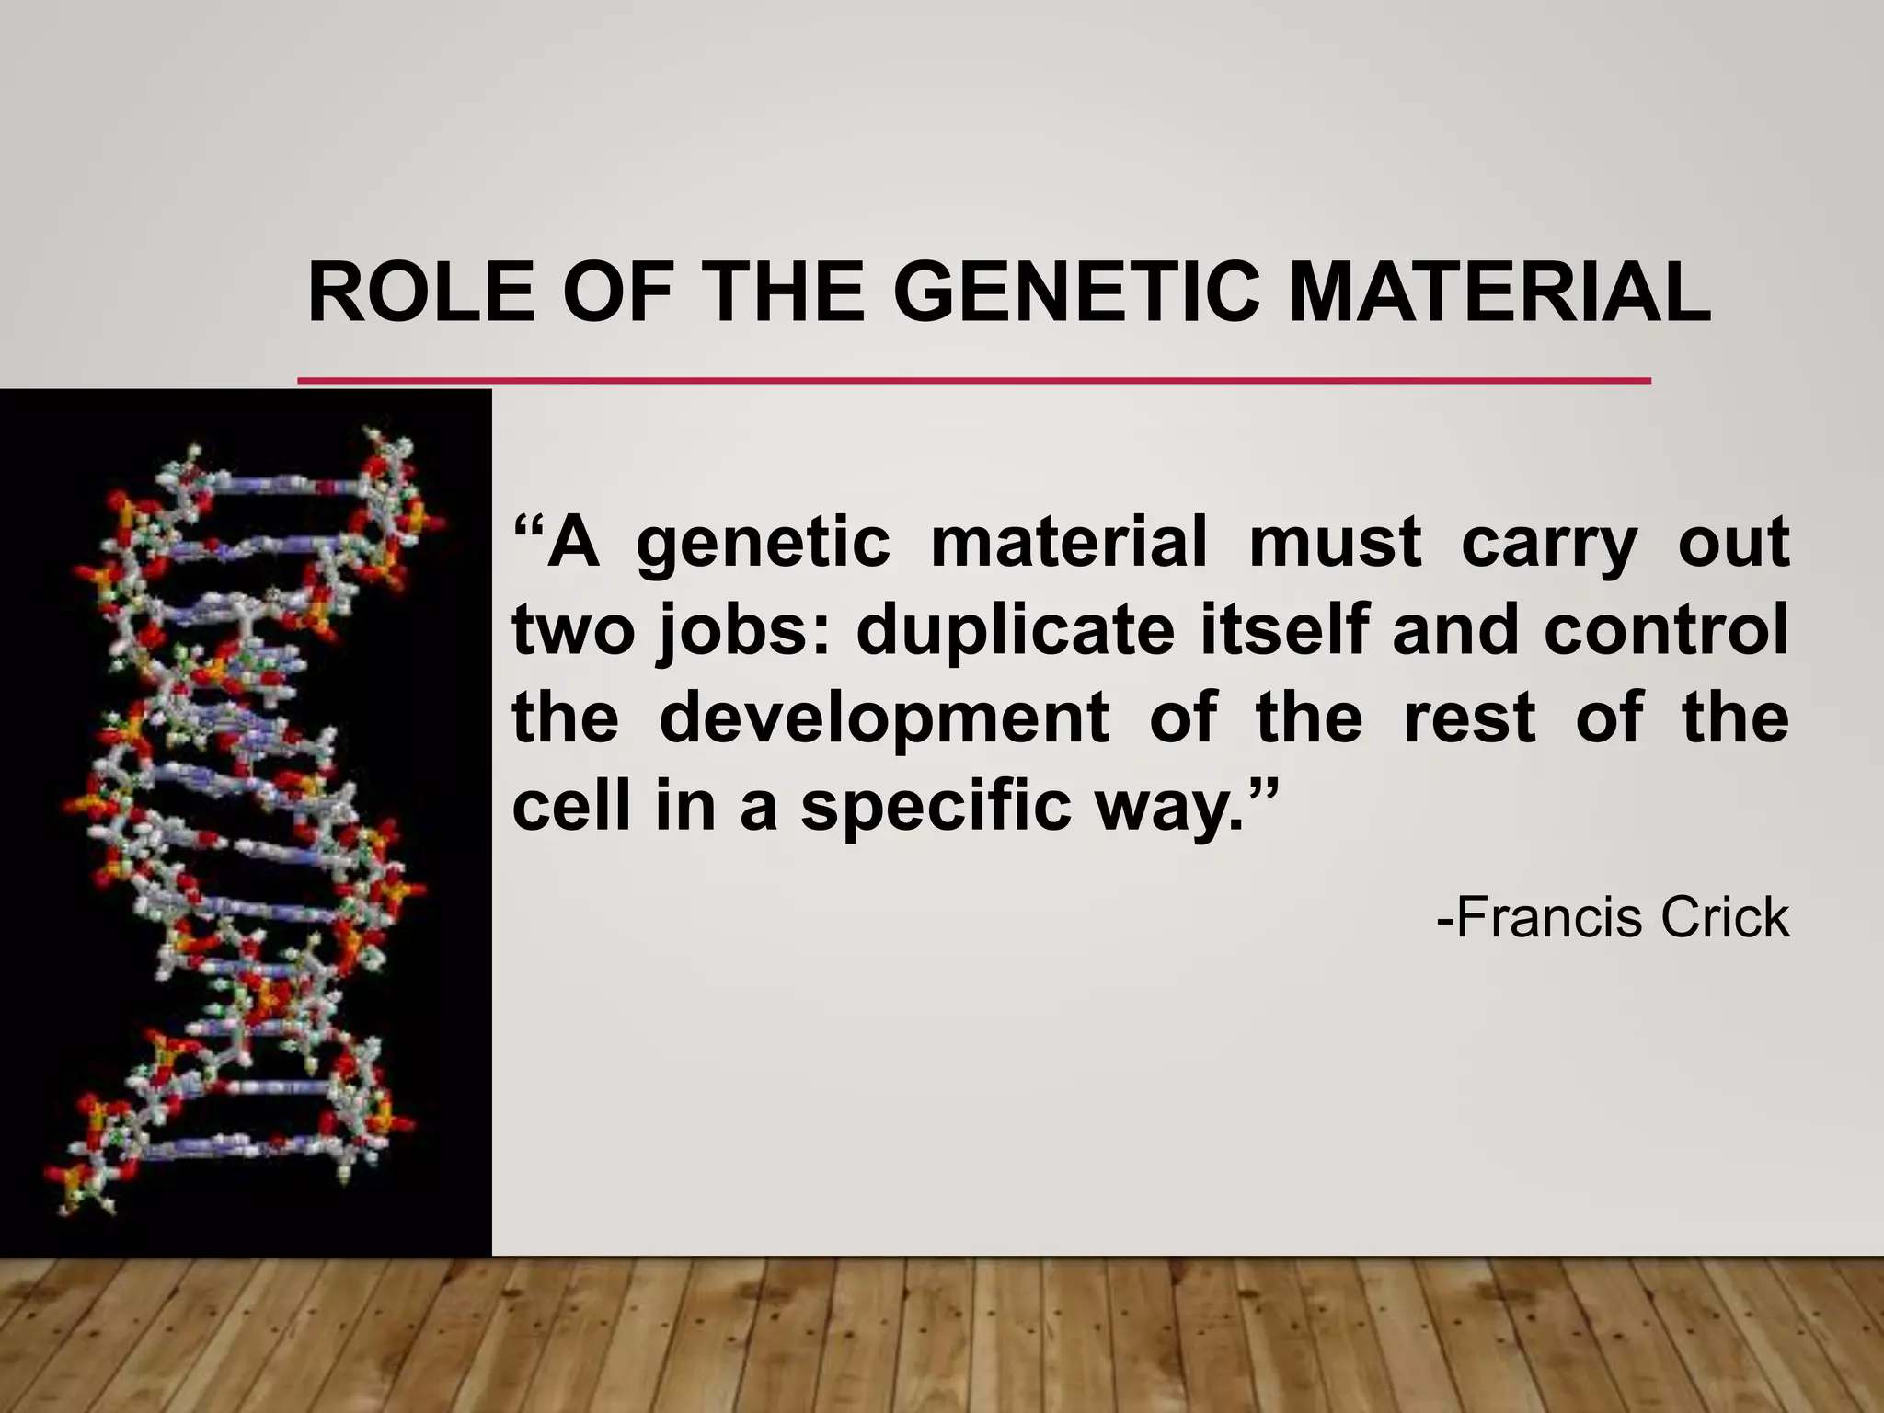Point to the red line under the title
[x=973, y=379]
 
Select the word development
[x=884, y=718]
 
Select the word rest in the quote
[x=1468, y=718]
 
